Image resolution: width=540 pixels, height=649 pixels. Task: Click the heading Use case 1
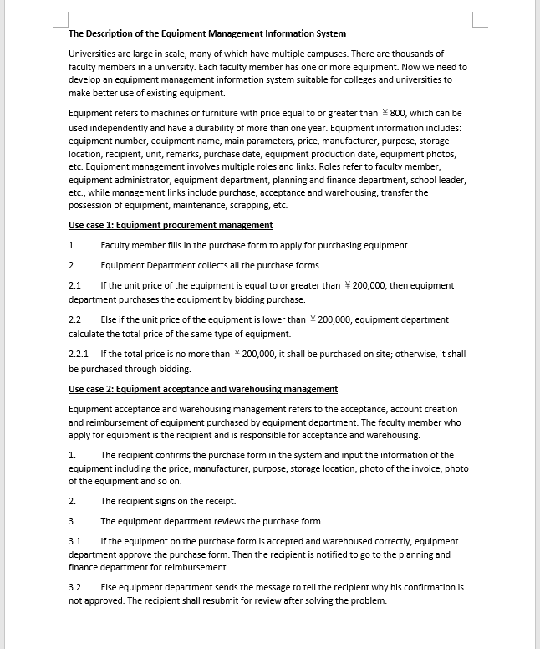(171, 225)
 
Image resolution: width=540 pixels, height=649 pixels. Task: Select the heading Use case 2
(203, 389)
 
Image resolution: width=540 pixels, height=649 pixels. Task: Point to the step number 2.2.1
(79, 354)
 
